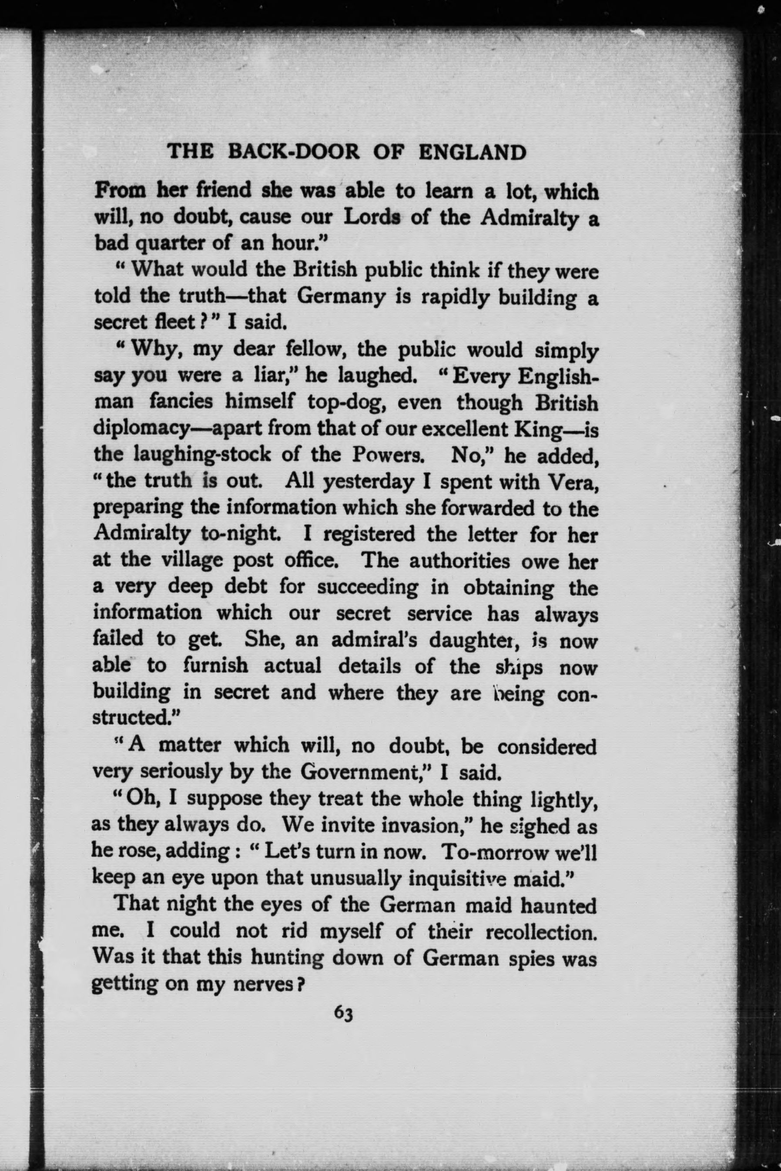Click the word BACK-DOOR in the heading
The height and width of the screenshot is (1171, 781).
click(293, 151)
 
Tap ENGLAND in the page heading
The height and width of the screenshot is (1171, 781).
click(472, 151)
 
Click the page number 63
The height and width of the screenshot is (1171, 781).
click(344, 1013)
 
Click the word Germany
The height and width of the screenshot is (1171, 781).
click(341, 297)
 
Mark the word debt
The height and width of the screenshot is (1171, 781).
click(246, 587)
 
